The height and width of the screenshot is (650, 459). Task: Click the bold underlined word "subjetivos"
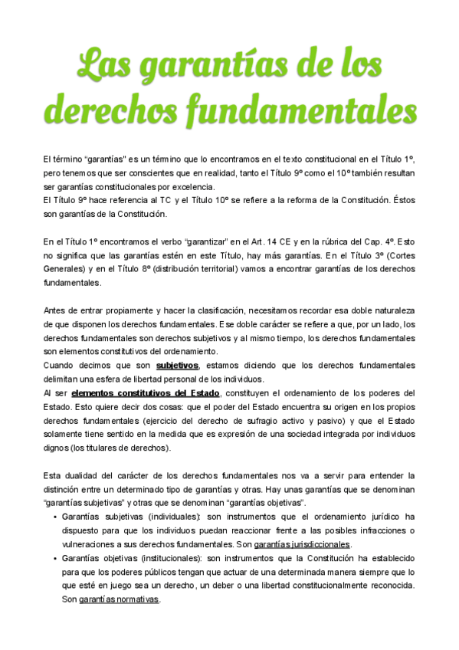coord(177,365)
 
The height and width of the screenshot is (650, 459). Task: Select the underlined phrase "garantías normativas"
coord(119,599)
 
